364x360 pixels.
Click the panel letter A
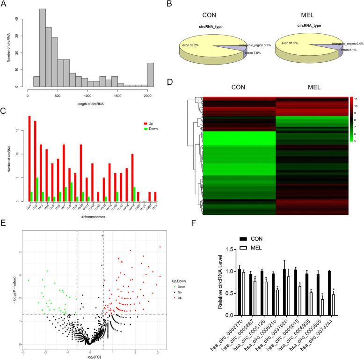4,4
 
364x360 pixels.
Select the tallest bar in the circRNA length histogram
43,48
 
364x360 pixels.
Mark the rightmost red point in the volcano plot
160,247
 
